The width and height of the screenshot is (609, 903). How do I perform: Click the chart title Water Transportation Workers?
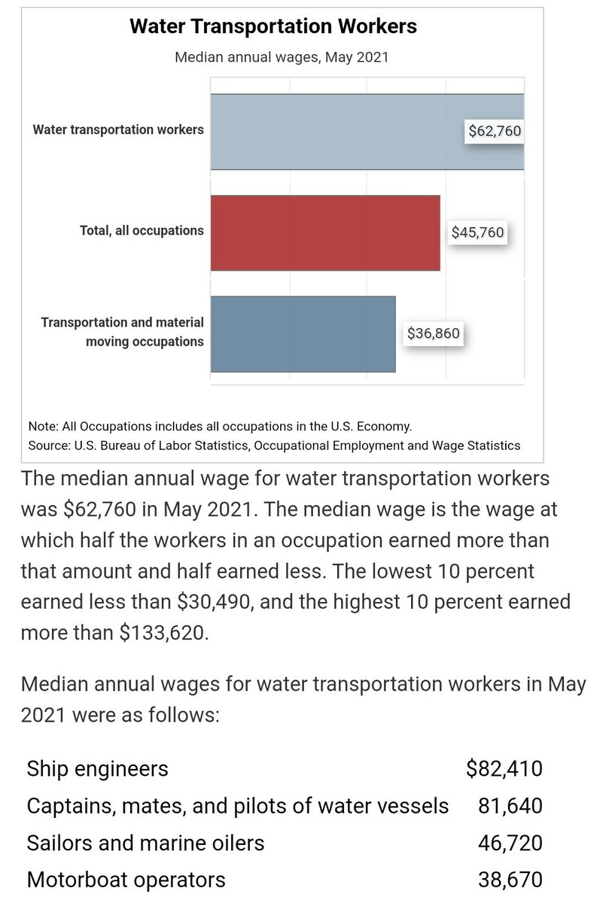pos(273,27)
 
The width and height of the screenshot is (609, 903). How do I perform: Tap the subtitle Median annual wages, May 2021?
pos(281,57)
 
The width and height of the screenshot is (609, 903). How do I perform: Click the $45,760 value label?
pos(477,233)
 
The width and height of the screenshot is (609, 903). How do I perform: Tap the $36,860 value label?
pos(433,333)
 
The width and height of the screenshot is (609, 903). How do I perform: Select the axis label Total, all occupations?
pos(142,230)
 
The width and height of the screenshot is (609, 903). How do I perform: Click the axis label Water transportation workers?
pos(118,129)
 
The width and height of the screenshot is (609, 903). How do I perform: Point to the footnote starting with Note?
pos(220,426)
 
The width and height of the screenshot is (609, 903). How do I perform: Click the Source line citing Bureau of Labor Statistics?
pos(274,445)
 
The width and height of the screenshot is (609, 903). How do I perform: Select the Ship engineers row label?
pos(98,768)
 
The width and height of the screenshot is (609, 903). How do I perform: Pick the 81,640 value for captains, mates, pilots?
pos(510,805)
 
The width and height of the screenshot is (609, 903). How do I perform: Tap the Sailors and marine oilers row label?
pos(145,842)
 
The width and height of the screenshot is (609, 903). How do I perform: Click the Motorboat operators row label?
pos(126,879)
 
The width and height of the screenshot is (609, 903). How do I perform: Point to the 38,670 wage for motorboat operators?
pos(510,879)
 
